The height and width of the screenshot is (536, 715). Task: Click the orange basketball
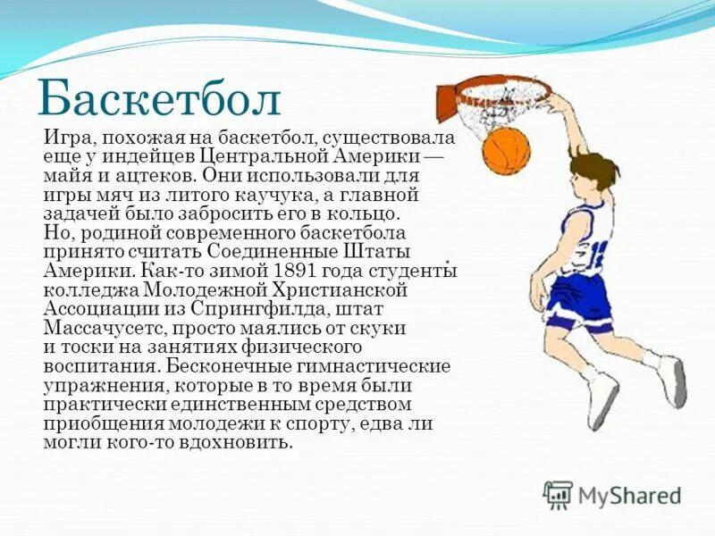[506, 150]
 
